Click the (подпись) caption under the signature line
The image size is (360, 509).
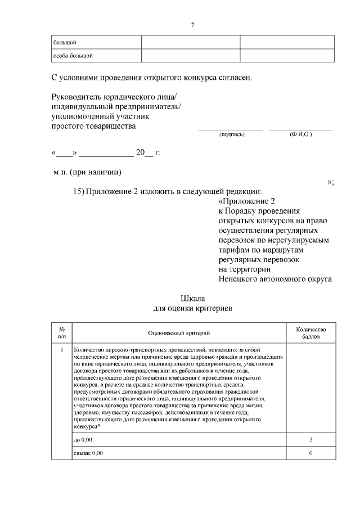pyautogui.click(x=231, y=134)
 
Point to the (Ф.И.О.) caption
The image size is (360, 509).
pyautogui.click(x=300, y=134)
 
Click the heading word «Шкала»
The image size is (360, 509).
pyautogui.click(x=192, y=298)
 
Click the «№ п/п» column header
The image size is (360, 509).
pyautogui.click(x=62, y=332)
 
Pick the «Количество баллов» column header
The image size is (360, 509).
pyautogui.click(x=310, y=332)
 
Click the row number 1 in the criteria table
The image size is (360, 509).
pyautogui.click(x=62, y=350)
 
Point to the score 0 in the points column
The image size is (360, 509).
pyautogui.click(x=310, y=453)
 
